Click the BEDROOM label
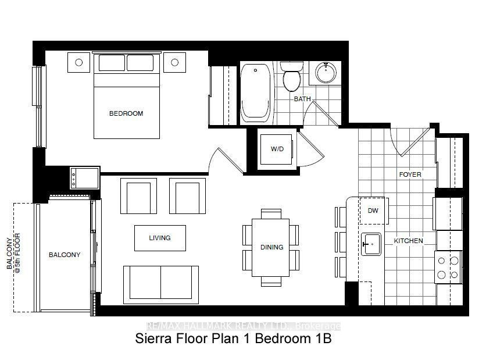coord(126,113)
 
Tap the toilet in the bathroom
coord(292,76)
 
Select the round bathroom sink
coord(326,73)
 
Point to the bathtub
coord(256,92)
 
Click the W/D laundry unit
coord(276,149)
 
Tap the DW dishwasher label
coord(373,211)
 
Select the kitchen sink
coord(371,244)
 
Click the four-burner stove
coord(448,268)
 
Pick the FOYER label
coord(410,174)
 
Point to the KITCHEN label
coord(408,241)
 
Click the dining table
coord(270,248)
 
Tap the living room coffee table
coord(160,238)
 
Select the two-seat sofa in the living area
coord(161,284)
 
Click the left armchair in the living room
coord(138,196)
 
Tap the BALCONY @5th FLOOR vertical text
coord(13,254)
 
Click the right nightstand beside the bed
coord(175,62)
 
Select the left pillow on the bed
coord(112,63)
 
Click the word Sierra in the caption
coord(153,338)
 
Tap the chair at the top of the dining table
coord(271,214)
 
